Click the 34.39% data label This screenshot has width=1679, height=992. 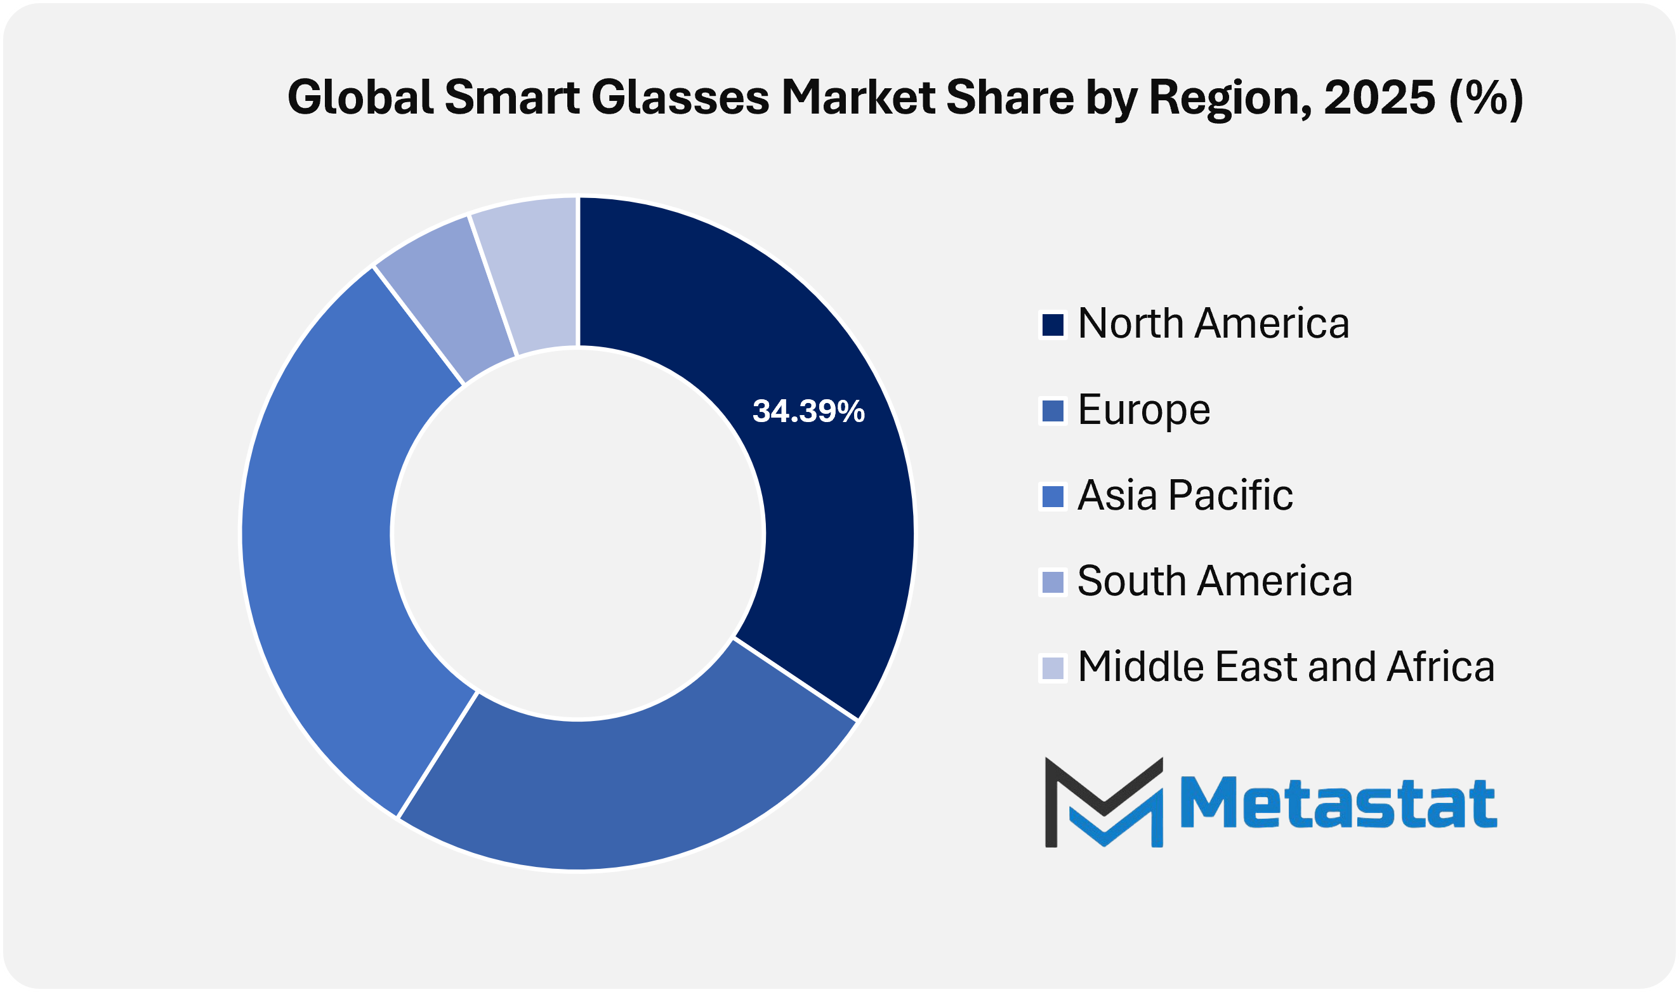click(808, 412)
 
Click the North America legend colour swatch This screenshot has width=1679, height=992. click(1053, 325)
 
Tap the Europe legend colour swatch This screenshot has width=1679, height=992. click(1053, 411)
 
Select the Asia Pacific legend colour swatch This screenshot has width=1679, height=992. click(1053, 497)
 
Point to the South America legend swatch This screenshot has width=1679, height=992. click(1053, 582)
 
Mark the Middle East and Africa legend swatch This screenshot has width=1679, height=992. click(1053, 668)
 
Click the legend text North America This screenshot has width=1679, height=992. click(1213, 324)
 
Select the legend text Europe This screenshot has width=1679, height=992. click(1144, 410)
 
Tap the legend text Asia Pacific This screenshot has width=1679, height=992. click(1185, 496)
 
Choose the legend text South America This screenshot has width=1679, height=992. click(1215, 581)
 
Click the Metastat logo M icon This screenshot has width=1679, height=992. click(1103, 802)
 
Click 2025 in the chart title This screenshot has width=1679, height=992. click(1379, 98)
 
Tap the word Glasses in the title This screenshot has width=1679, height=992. click(680, 98)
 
